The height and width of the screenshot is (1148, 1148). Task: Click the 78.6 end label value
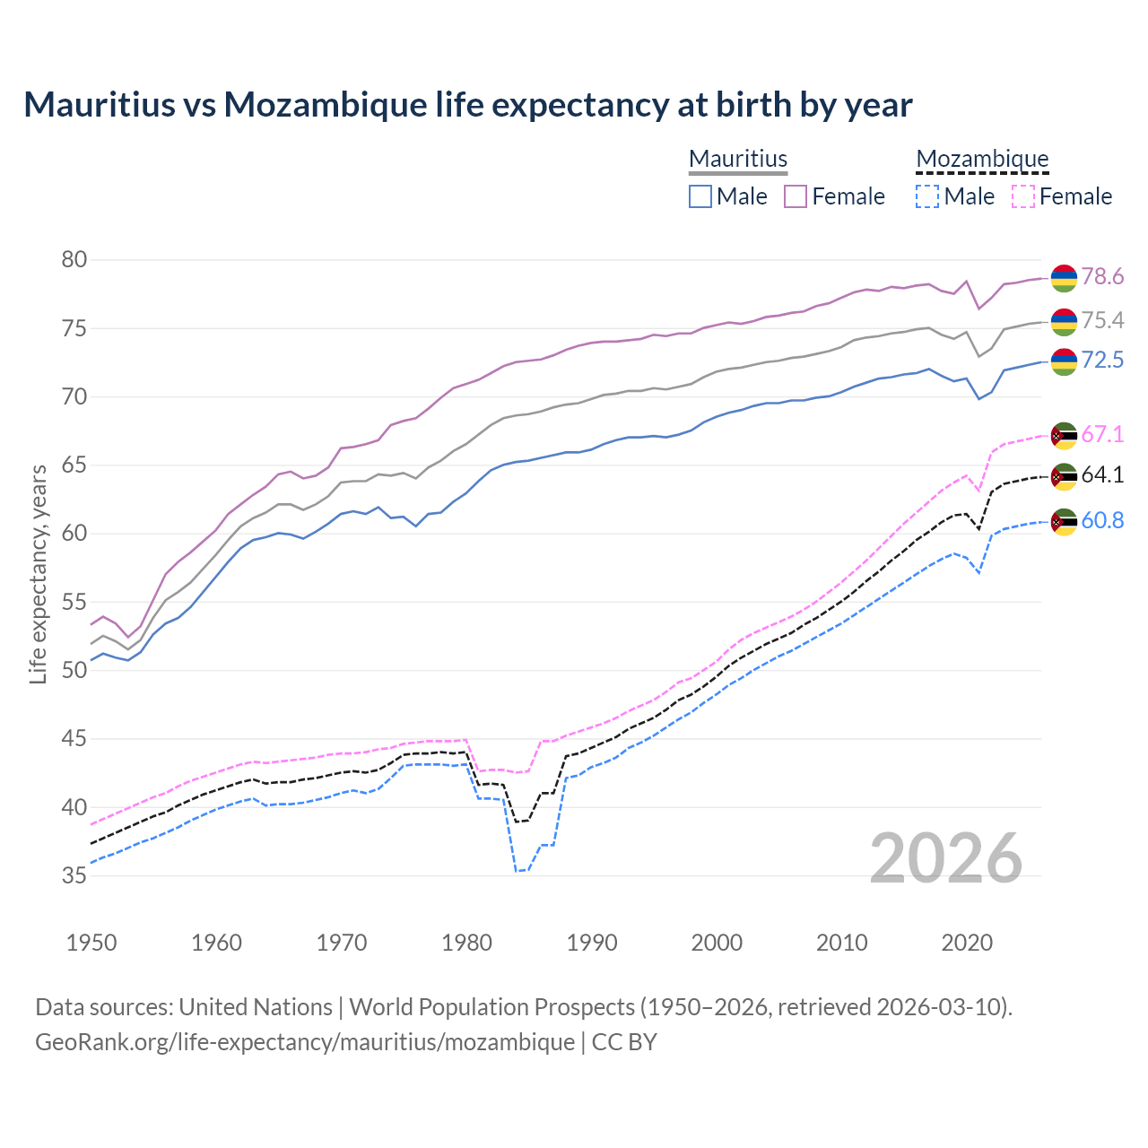[x=1102, y=277]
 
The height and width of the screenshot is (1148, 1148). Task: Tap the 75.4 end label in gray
[x=1102, y=321]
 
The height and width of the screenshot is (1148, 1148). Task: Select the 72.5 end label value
[x=1102, y=361]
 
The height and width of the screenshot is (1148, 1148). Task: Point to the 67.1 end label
[x=1102, y=435]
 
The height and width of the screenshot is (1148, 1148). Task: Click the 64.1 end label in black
[x=1102, y=475]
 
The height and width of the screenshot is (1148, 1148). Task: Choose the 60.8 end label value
[x=1102, y=521]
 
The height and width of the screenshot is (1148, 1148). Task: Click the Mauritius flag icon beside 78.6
[x=1064, y=278]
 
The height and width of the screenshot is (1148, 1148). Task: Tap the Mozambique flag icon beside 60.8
[x=1064, y=522]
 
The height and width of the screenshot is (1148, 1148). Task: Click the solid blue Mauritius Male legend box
[x=700, y=196]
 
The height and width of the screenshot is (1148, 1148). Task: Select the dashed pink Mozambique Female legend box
[x=1023, y=196]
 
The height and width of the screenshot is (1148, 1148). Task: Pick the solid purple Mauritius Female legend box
[x=796, y=196]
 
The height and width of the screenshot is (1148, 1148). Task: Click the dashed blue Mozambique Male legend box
[x=927, y=196]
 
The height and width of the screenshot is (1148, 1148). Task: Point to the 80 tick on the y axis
[x=74, y=260]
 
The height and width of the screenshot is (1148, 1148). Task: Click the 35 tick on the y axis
[x=74, y=875]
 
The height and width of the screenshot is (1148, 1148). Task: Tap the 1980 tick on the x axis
[x=466, y=943]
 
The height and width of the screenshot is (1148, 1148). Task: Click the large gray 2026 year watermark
[x=946, y=858]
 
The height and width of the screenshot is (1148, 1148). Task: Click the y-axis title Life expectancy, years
[x=39, y=574]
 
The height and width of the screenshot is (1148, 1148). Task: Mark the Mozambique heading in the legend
[x=982, y=159]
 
